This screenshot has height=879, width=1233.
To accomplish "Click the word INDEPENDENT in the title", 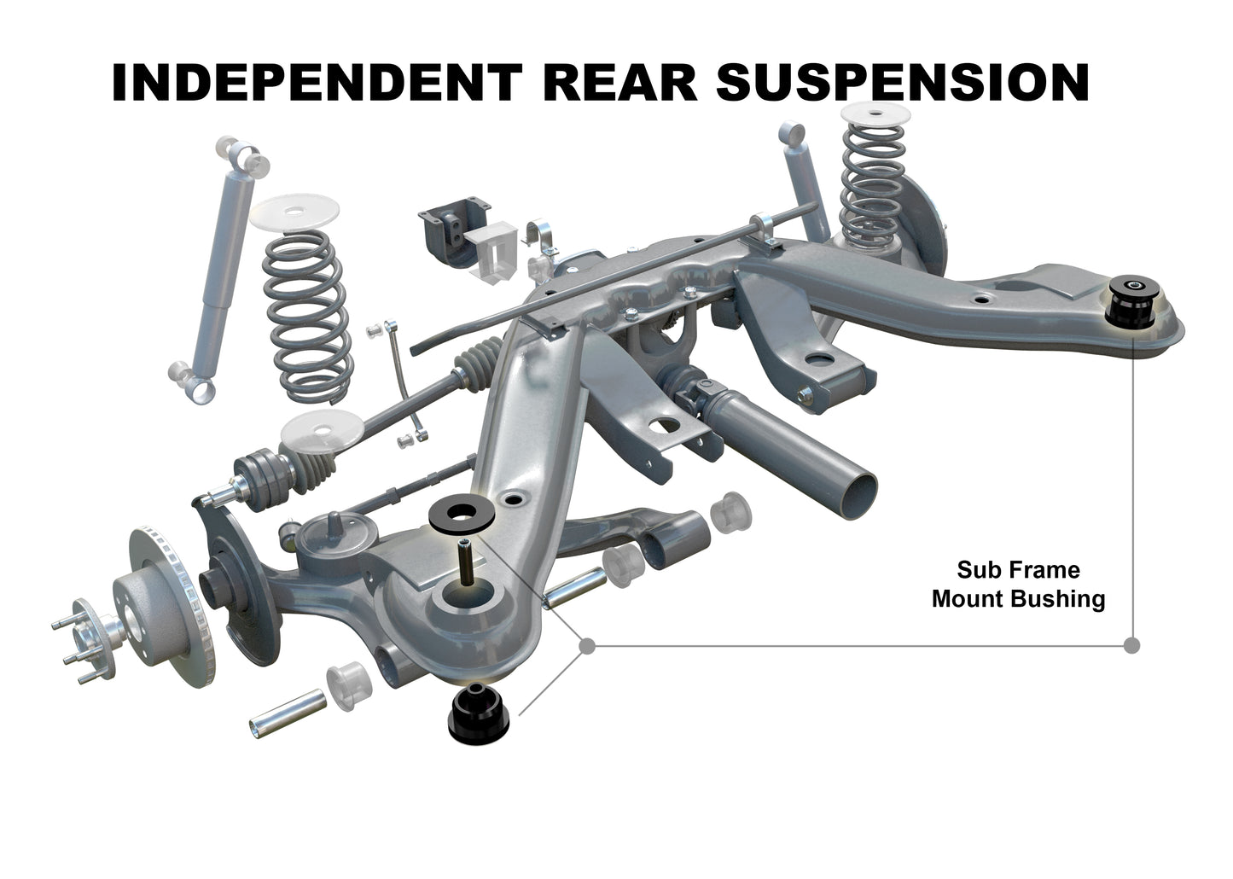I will [316, 83].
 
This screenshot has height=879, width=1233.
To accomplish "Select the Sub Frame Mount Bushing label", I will [1018, 585].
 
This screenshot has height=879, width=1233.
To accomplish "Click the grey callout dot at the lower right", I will [1132, 646].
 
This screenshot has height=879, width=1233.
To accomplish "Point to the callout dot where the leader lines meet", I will [587, 646].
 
